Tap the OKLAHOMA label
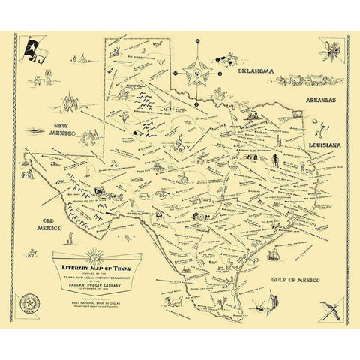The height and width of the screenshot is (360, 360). pyautogui.click(x=255, y=73)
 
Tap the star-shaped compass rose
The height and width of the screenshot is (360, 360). pyautogui.click(x=196, y=74)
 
